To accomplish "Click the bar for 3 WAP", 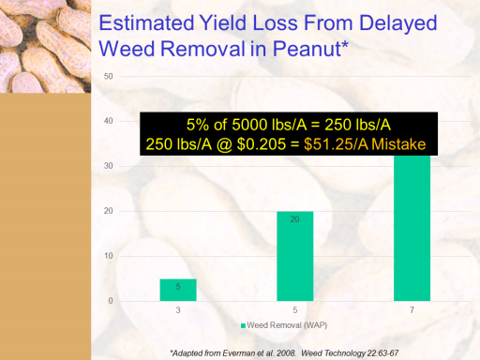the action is tap(178, 290).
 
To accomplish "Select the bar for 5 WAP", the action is tap(295, 256).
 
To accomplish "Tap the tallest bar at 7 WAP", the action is tap(412, 228).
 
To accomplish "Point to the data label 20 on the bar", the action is tap(295, 219).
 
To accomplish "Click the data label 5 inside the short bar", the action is tap(178, 287).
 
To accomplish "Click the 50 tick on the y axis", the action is tap(108, 77).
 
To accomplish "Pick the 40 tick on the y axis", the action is tap(108, 121).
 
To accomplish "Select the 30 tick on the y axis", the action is tap(108, 166).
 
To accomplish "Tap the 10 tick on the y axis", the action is tap(108, 256).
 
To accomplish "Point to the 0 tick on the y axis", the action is tap(111, 301).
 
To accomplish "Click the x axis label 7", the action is tap(412, 310).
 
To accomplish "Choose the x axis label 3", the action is tap(178, 310).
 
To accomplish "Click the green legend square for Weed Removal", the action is tap(243, 326).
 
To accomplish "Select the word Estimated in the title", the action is tap(146, 23).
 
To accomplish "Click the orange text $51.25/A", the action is tap(336, 144).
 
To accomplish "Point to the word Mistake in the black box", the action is tap(398, 144).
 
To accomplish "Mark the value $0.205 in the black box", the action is tap(262, 144).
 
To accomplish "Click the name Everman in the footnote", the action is tap(239, 353).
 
